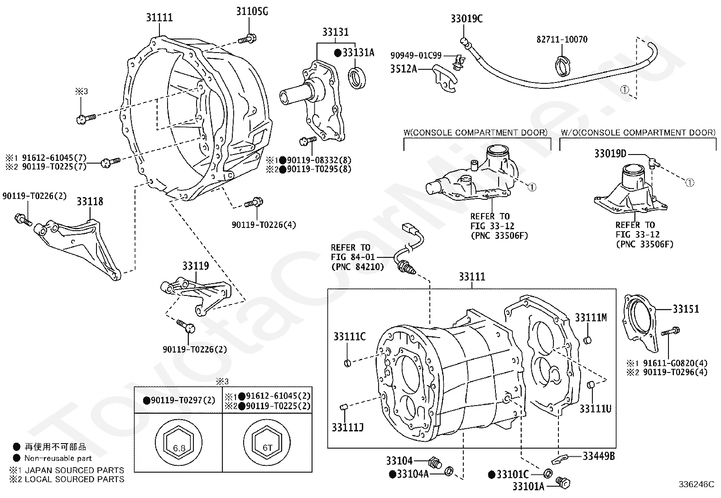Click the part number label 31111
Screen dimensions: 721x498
tap(159, 17)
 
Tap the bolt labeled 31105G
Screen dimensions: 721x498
tap(247, 39)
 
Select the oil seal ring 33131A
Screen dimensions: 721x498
tap(357, 78)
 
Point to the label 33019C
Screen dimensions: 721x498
tap(466, 19)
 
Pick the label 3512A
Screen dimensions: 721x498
tap(404, 69)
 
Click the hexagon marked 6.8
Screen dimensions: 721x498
tap(179, 443)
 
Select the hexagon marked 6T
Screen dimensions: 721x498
tap(267, 443)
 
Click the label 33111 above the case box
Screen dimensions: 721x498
tap(472, 277)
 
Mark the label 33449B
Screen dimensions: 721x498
tap(599, 456)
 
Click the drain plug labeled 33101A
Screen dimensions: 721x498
tap(563, 483)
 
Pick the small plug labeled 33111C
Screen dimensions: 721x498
tap(347, 363)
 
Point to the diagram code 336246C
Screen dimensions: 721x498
tap(697, 484)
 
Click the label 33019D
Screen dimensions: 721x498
tap(610, 154)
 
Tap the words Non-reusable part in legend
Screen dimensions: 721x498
tap(58, 458)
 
